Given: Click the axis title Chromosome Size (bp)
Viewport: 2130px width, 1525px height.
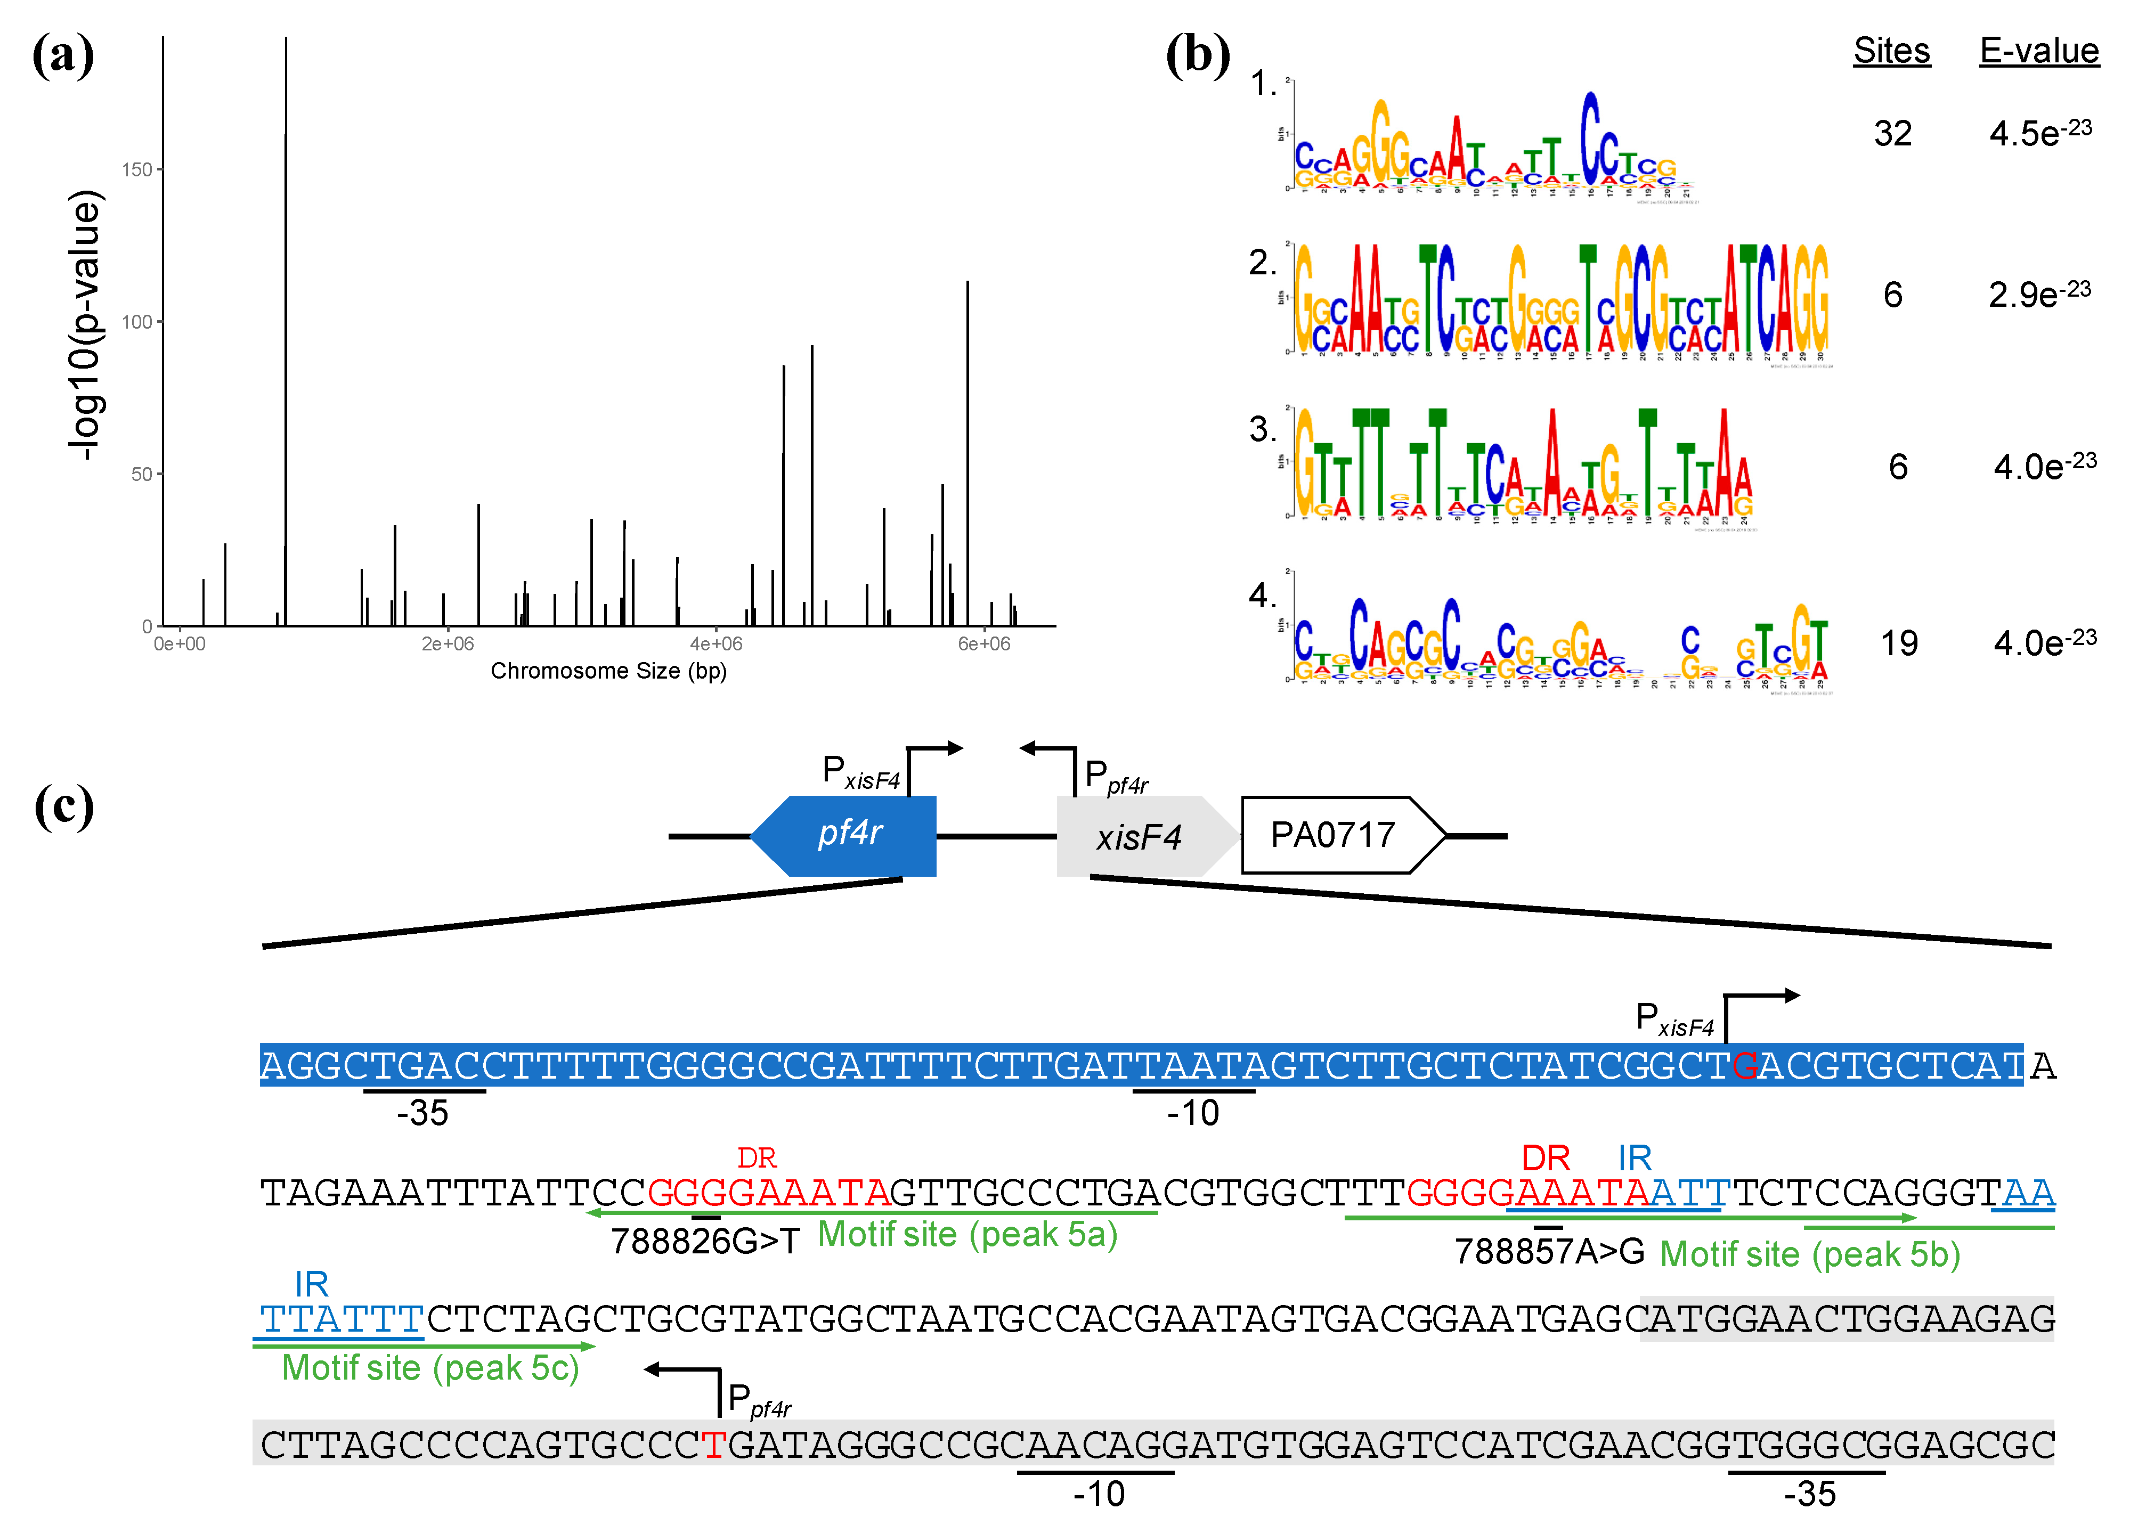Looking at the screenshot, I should (608, 671).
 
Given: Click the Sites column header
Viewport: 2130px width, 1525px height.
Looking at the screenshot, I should (1891, 51).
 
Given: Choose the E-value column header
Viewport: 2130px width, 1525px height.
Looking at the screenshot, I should (2039, 51).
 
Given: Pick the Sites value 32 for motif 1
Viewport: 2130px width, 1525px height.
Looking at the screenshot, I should (1892, 133).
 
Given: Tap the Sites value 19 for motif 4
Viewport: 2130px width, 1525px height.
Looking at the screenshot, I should (1898, 643).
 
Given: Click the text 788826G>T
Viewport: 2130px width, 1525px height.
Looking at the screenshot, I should (704, 1242).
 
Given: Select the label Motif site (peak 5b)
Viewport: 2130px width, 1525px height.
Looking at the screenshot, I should (1810, 1254).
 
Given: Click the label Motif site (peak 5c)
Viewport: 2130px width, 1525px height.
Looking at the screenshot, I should (430, 1368).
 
